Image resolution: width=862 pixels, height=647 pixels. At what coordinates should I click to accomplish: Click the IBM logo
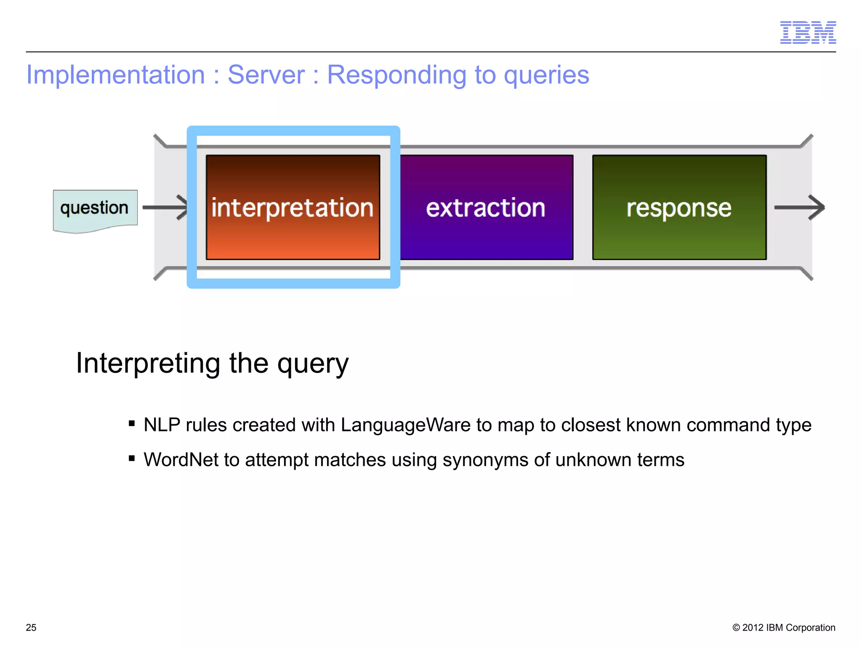pos(808,32)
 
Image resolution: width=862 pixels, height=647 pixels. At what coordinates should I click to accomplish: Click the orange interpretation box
pos(293,207)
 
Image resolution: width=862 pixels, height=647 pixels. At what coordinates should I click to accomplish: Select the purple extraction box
pos(486,207)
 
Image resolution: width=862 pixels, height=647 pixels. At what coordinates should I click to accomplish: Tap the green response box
pos(679,207)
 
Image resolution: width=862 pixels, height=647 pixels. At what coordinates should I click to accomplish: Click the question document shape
pos(95,209)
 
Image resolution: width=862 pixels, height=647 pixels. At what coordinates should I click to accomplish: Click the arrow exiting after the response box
pos(799,207)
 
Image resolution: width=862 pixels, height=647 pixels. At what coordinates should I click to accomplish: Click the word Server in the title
pos(266,75)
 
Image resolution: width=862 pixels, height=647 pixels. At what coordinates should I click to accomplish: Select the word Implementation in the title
pos(115,75)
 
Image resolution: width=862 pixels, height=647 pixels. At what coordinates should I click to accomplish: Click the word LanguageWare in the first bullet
pos(405,425)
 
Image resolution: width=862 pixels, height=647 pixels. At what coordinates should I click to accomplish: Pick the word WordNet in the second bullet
pos(181,460)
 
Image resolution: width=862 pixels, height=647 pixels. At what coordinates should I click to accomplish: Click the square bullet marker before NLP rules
pos(132,423)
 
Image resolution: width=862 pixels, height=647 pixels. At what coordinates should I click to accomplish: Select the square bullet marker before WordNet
pos(132,458)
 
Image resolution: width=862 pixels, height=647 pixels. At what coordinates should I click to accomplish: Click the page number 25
pos(31,627)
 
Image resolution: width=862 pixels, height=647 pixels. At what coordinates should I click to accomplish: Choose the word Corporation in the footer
pos(810,627)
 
